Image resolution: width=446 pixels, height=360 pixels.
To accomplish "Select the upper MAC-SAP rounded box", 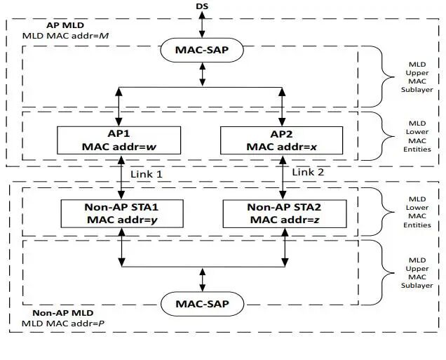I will pos(203,51).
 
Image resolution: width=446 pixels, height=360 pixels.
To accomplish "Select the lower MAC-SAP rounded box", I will pos(203,304).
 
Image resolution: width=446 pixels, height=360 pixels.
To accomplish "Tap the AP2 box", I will pos(281,140).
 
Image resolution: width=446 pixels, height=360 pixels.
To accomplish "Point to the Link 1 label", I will pos(147,173).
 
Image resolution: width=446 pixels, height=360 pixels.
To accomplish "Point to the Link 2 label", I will pos(309,172).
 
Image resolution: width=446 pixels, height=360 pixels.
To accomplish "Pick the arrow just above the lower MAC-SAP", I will pos(203,279).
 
